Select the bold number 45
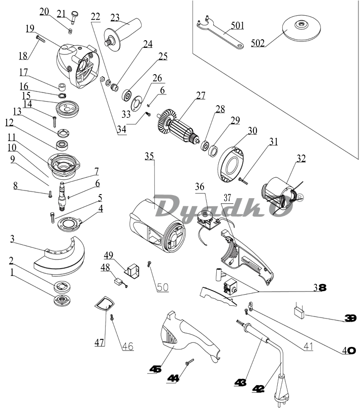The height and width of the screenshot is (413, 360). [x=155, y=369]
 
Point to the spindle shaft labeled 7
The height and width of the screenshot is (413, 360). [x=64, y=194]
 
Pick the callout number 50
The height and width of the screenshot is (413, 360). [x=162, y=287]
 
